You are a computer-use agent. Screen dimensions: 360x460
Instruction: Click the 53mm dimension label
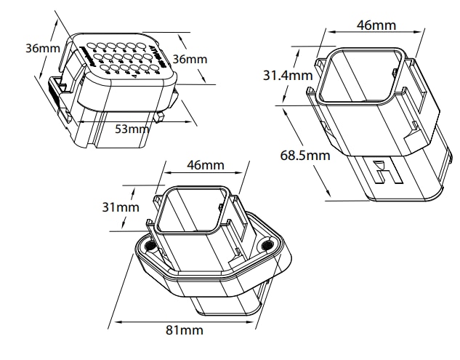click(132, 129)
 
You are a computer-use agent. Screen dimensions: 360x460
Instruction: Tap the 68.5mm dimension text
click(304, 155)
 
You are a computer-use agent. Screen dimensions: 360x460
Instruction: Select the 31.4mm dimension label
click(288, 75)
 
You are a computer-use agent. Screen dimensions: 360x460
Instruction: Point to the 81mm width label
click(183, 330)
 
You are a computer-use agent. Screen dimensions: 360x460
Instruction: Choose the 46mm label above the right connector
click(376, 25)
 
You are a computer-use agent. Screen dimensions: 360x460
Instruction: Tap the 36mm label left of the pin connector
click(42, 49)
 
